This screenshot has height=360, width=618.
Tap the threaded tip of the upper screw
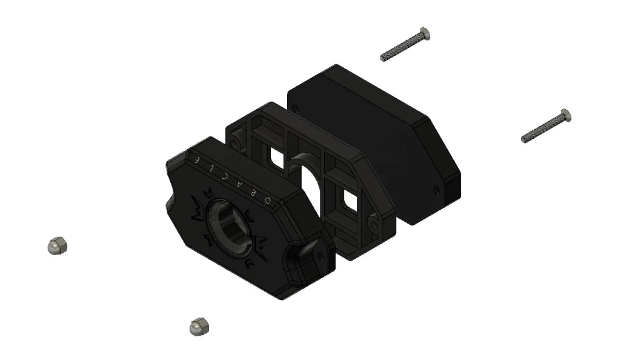(384, 58)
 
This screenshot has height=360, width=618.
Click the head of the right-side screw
(565, 115)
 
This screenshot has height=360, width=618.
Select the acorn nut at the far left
(57, 245)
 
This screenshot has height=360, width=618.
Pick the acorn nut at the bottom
(199, 326)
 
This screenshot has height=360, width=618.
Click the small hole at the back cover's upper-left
(295, 108)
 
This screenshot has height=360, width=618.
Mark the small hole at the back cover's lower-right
(437, 190)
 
